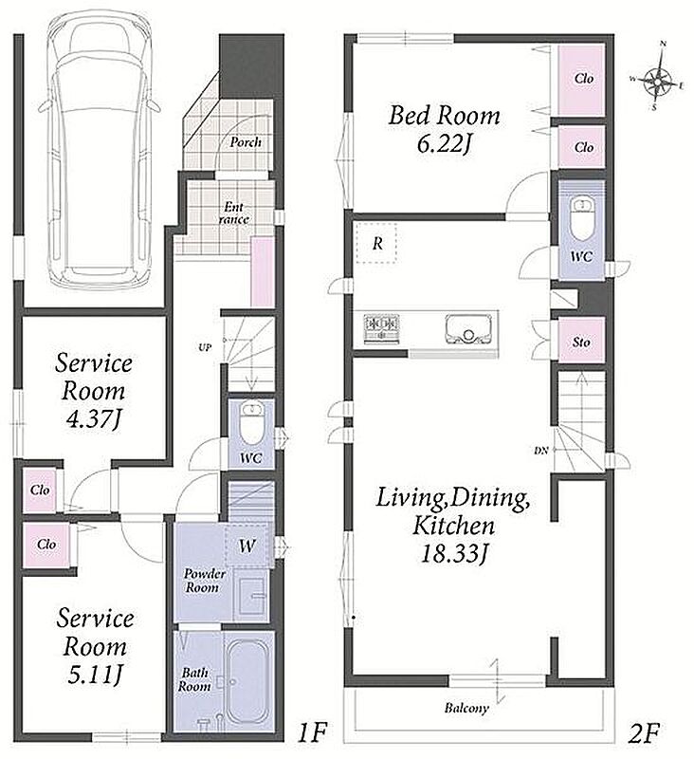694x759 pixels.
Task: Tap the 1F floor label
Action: pyautogui.click(x=313, y=732)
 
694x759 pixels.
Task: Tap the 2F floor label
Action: pyautogui.click(x=644, y=732)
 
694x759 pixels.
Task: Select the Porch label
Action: pyautogui.click(x=246, y=141)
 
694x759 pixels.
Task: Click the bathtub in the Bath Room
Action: pyautogui.click(x=247, y=681)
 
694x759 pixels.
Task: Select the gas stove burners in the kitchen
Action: pyautogui.click(x=381, y=328)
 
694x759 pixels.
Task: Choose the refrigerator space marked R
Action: pyautogui.click(x=376, y=243)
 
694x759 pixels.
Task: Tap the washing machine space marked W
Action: pyautogui.click(x=247, y=546)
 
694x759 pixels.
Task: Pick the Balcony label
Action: pyautogui.click(x=466, y=708)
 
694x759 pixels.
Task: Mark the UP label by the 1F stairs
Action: pyautogui.click(x=205, y=347)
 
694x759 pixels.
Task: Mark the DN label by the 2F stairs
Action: pyautogui.click(x=540, y=450)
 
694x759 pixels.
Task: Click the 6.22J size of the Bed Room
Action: pyautogui.click(x=444, y=144)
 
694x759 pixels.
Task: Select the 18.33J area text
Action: pyautogui.click(x=452, y=553)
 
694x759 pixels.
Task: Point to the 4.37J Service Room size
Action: pyautogui.click(x=92, y=418)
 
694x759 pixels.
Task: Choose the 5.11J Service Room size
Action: pyautogui.click(x=94, y=675)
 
